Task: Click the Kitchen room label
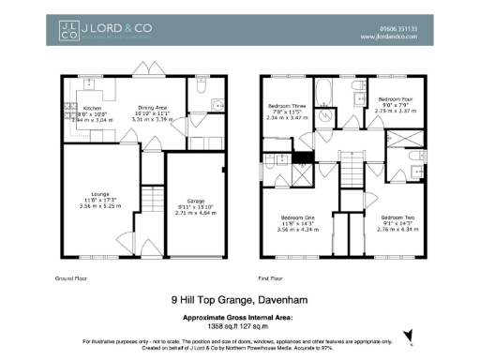click(x=79, y=109)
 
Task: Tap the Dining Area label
click(x=154, y=109)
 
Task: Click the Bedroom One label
click(x=298, y=217)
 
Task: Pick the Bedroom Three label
click(x=286, y=107)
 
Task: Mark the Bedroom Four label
click(x=392, y=97)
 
